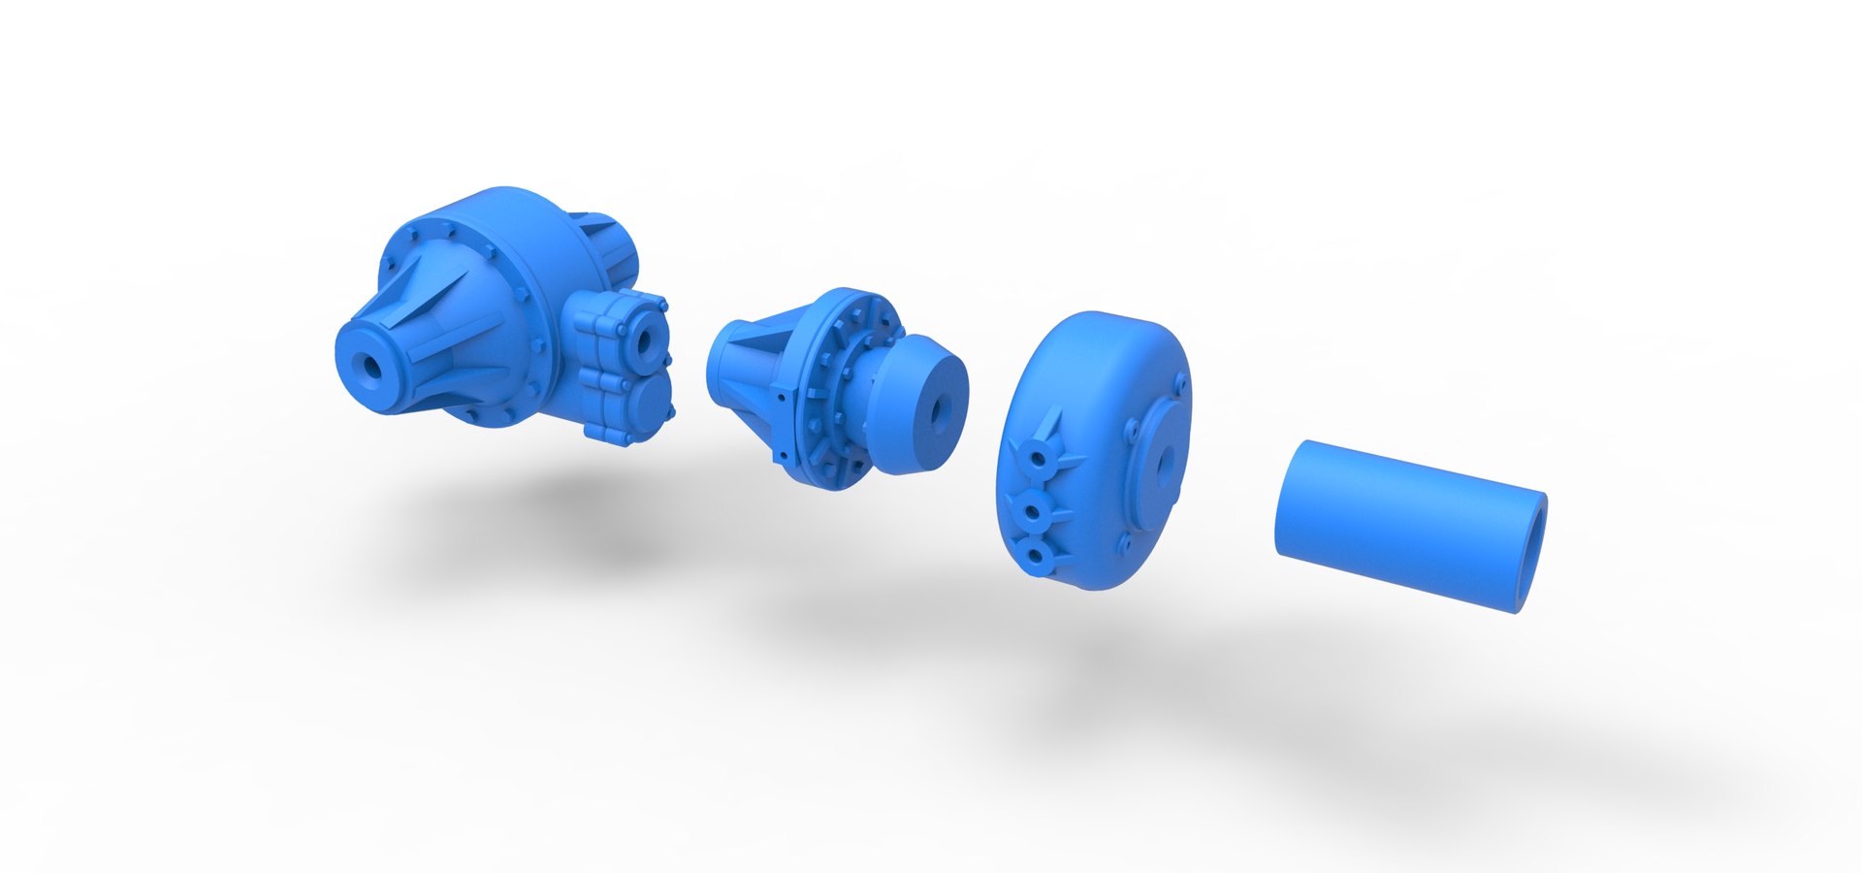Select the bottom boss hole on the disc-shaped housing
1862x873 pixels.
pyautogui.click(x=1034, y=557)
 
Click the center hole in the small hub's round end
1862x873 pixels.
pyautogui.click(x=937, y=413)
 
